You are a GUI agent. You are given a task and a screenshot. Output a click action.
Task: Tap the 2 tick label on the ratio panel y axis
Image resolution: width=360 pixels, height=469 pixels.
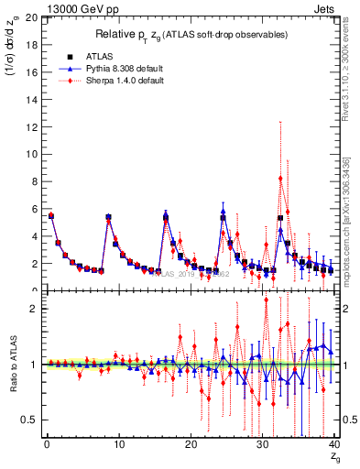click(33, 309)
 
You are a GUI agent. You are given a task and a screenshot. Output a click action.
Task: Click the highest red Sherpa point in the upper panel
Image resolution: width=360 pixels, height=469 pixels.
click(280, 178)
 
